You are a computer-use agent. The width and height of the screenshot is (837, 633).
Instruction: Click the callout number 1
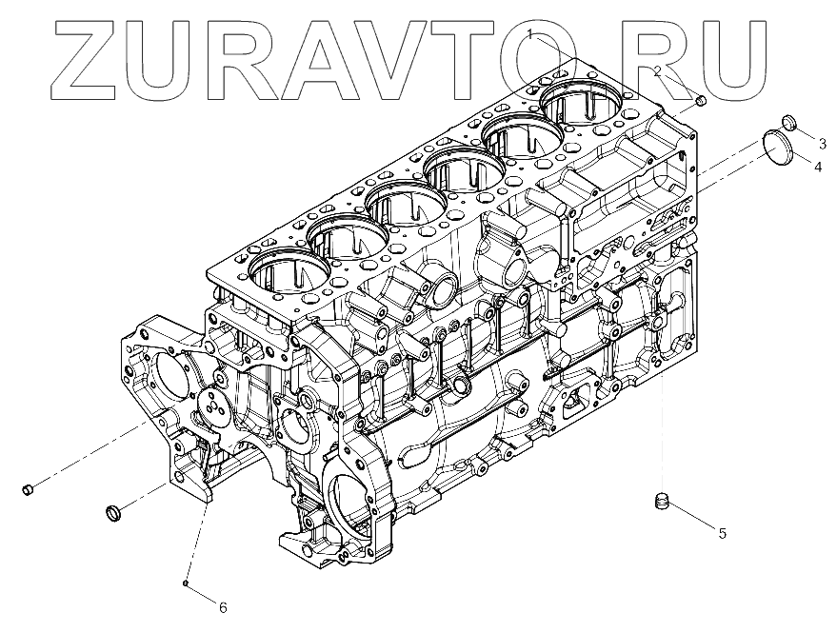(530, 35)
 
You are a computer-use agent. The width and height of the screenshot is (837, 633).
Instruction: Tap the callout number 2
(657, 71)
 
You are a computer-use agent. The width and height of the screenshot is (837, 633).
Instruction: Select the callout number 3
(821, 143)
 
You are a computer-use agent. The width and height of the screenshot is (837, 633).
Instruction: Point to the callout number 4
(817, 167)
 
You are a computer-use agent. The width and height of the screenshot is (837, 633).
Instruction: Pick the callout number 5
(722, 533)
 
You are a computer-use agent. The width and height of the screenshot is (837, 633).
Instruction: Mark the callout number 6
(223, 606)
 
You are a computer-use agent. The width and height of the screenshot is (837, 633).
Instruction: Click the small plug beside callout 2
(701, 101)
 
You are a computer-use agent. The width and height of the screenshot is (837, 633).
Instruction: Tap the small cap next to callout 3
(788, 121)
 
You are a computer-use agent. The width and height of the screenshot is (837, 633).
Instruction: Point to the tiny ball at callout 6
(187, 583)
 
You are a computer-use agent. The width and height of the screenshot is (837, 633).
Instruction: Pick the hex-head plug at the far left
(28, 490)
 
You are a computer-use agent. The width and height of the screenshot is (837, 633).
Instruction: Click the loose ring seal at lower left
(114, 514)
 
